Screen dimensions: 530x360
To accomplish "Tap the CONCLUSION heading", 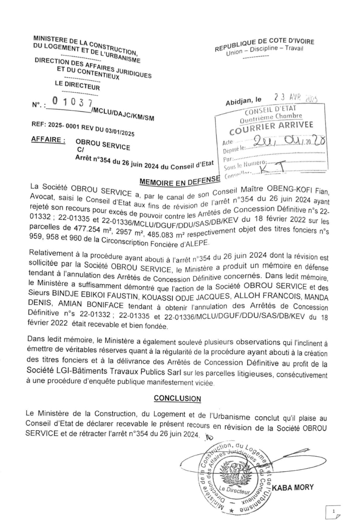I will click(x=177, y=398).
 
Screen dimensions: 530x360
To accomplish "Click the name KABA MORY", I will click(x=293, y=487).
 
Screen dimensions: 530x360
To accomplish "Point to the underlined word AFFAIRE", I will click(x=48, y=140).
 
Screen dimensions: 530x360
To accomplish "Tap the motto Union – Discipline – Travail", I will click(x=265, y=52).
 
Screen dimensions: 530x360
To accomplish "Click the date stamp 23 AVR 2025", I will click(x=295, y=99).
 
